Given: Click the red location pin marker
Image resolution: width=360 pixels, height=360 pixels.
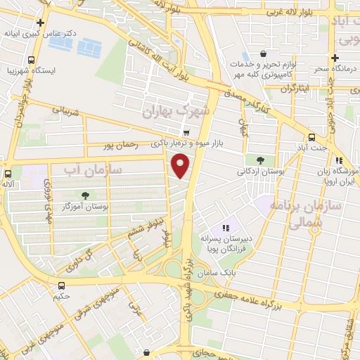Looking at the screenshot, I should (x=181, y=166).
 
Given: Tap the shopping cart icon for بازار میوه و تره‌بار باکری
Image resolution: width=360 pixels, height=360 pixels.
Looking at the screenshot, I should (x=186, y=132).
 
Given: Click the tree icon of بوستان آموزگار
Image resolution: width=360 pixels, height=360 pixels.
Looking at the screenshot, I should (x=85, y=195).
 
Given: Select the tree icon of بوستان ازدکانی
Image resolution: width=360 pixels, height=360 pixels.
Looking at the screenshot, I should (x=261, y=160).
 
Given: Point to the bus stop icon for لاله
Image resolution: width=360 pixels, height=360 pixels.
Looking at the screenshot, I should (x=8, y=173).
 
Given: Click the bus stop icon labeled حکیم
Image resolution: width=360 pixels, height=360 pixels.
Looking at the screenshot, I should (x=62, y=285).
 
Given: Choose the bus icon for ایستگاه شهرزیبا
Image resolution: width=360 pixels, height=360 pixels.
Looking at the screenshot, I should (x=32, y=60).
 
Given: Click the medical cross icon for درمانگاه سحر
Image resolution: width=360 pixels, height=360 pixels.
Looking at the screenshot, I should (x=335, y=58).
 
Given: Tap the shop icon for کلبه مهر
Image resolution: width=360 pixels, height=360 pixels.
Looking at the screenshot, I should (x=263, y=53).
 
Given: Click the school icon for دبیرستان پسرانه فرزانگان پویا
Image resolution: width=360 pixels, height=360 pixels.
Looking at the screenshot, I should (x=226, y=228).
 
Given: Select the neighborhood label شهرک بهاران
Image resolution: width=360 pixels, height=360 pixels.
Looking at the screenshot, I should (x=176, y=112).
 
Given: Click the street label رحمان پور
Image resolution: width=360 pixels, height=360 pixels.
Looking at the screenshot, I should (x=118, y=146).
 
